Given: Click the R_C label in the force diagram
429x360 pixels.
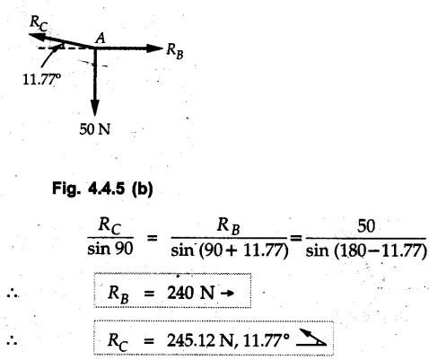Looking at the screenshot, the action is pyautogui.click(x=39, y=24).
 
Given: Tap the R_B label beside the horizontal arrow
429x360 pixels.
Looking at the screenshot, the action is pyautogui.click(x=175, y=51).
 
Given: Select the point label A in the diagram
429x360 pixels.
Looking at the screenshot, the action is pyautogui.click(x=101, y=39).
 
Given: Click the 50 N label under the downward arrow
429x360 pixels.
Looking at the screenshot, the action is pyautogui.click(x=95, y=130).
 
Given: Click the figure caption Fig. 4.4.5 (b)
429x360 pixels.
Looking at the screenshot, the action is pyautogui.click(x=102, y=189).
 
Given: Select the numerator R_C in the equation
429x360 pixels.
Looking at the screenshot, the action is pyautogui.click(x=109, y=226).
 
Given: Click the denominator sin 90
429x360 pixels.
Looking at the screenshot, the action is pyautogui.click(x=109, y=249).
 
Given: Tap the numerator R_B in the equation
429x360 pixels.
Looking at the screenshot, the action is pyautogui.click(x=229, y=226).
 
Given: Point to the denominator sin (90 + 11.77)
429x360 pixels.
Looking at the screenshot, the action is pyautogui.click(x=230, y=250).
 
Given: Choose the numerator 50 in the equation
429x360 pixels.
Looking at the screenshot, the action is pyautogui.click(x=366, y=226).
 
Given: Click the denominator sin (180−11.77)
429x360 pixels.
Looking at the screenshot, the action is pyautogui.click(x=366, y=250).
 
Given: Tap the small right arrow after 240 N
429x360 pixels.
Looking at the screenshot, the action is pyautogui.click(x=227, y=294).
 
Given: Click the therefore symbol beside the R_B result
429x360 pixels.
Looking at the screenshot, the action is pyautogui.click(x=13, y=294).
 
